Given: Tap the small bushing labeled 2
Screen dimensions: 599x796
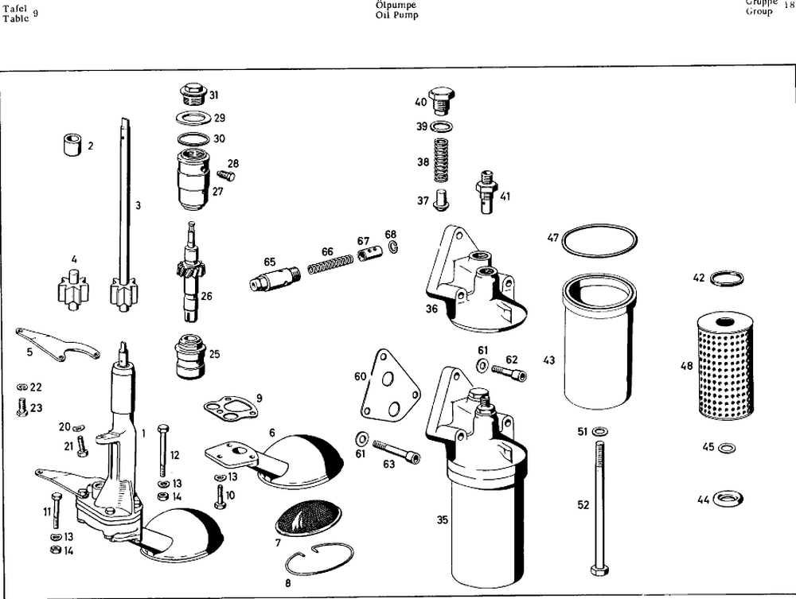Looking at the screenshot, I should (x=72, y=145).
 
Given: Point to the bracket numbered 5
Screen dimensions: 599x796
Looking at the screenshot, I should (x=57, y=342).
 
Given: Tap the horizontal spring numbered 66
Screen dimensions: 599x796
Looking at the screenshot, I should (x=328, y=262).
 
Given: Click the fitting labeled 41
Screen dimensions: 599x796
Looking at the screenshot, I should (x=487, y=192).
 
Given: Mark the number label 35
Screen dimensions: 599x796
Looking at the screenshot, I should (x=442, y=521).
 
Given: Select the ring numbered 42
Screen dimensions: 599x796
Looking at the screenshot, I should (x=726, y=278).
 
